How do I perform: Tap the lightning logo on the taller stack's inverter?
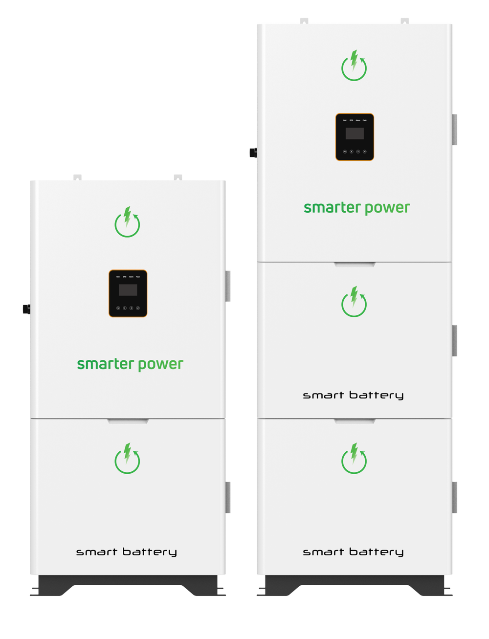pyautogui.click(x=354, y=66)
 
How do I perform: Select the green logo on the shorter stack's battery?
pyautogui.click(x=127, y=459)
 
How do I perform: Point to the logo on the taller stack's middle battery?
pyautogui.click(x=354, y=302)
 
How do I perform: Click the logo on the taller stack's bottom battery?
pyautogui.click(x=354, y=459)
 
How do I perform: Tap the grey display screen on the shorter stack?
pyautogui.click(x=128, y=290)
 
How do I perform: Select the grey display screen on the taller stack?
pyautogui.click(x=355, y=133)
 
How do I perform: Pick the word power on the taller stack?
pyautogui.click(x=387, y=208)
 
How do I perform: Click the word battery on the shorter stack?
pyautogui.click(x=150, y=552)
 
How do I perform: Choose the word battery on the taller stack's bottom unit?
pyautogui.click(x=377, y=552)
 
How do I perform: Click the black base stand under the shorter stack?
pyautogui.click(x=127, y=584)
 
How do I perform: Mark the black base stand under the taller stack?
pyautogui.click(x=354, y=584)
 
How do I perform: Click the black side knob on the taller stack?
pyautogui.click(x=252, y=152)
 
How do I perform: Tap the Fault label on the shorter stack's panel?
pyautogui.click(x=138, y=277)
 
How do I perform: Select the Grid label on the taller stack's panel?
pyautogui.click(x=344, y=120)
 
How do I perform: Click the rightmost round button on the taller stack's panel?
pyautogui.click(x=365, y=152)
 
